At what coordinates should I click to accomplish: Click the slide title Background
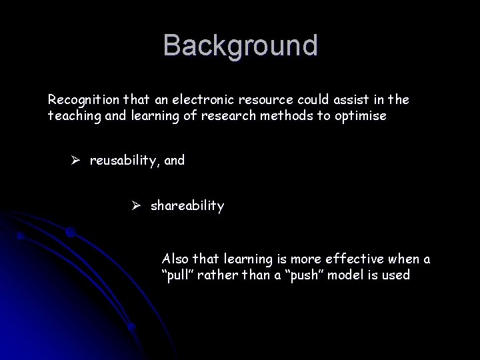point(241,46)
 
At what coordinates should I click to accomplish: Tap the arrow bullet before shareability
point(138,206)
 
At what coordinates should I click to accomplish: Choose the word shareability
point(187,206)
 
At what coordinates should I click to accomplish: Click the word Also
point(176,259)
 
